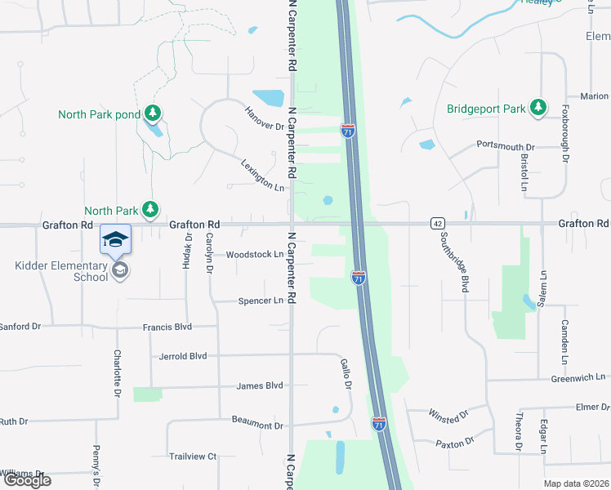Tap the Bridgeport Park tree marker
coord(537,108)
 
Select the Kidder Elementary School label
coord(61,271)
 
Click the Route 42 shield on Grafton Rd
coord(439,223)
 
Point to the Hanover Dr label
coord(264,118)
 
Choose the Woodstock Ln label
coord(254,254)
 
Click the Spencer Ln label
coord(261,301)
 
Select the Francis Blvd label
coord(167,327)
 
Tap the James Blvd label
coord(259,385)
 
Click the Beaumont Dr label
coord(256,425)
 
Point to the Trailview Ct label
coord(192,457)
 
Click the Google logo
coord(27,480)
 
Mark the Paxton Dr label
coord(455,442)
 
